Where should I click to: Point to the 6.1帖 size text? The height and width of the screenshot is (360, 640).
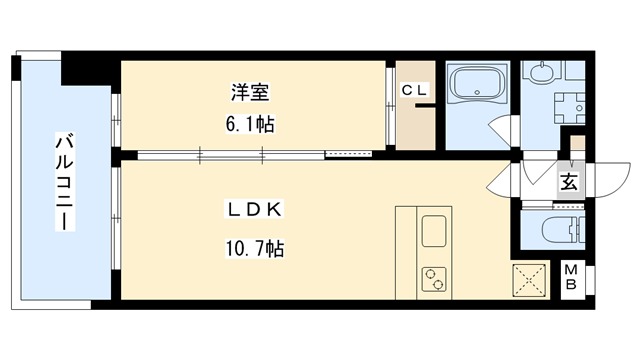248,125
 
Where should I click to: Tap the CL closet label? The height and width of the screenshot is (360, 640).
414,91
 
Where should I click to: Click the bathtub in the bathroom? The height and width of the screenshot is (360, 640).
477,85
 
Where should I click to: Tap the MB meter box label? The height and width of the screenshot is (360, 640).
570,277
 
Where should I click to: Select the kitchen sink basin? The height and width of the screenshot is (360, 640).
435,231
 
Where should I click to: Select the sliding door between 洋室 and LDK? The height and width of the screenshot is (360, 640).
230,154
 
